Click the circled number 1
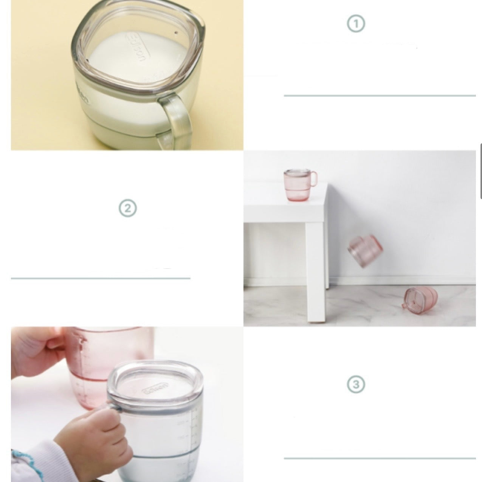pos(355,24)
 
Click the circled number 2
pos(127,208)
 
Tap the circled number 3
pos(355,384)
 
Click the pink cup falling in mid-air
pos(365,250)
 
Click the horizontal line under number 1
pos(380,96)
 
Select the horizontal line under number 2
pos(101,278)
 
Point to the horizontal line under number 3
pos(380,458)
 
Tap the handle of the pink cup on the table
pos(313,177)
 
